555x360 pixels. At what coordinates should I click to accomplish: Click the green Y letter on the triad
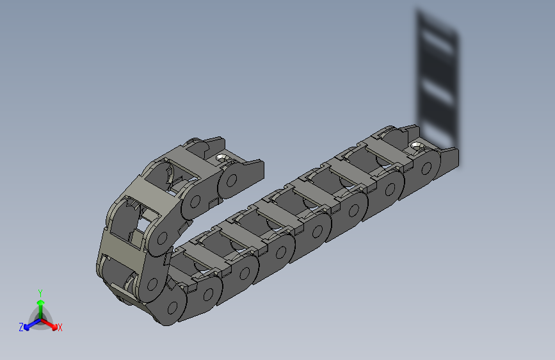click(x=40, y=292)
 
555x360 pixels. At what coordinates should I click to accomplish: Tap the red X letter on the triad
click(x=60, y=327)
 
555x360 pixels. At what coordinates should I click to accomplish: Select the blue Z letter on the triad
click(x=21, y=327)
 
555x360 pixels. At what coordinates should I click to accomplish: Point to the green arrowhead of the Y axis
click(x=40, y=302)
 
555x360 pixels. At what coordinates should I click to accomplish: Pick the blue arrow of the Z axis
click(x=28, y=325)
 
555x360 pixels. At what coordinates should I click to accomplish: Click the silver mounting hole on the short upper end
click(x=221, y=158)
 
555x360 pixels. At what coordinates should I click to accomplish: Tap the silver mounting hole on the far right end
click(x=418, y=147)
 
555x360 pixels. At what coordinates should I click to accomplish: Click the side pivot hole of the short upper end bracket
click(x=232, y=180)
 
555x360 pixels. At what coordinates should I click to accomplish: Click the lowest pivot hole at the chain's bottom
click(x=173, y=307)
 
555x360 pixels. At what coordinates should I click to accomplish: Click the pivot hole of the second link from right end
click(x=389, y=188)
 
